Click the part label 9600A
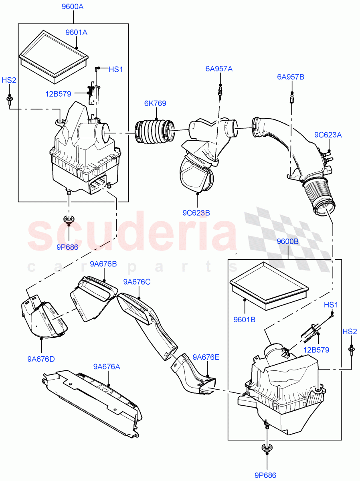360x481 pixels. [73, 7]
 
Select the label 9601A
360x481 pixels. [76, 32]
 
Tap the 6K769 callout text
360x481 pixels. [155, 103]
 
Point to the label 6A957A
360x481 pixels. [219, 69]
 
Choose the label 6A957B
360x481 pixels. [290, 77]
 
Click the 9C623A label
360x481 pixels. [328, 135]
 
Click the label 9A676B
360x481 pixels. [103, 264]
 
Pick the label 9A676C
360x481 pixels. [137, 282]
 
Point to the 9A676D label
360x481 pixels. [41, 359]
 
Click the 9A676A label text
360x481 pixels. [107, 366]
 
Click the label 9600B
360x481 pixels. [287, 241]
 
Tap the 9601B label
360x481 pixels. [244, 319]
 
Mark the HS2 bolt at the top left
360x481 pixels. [8, 99]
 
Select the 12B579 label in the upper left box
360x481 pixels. [58, 94]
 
